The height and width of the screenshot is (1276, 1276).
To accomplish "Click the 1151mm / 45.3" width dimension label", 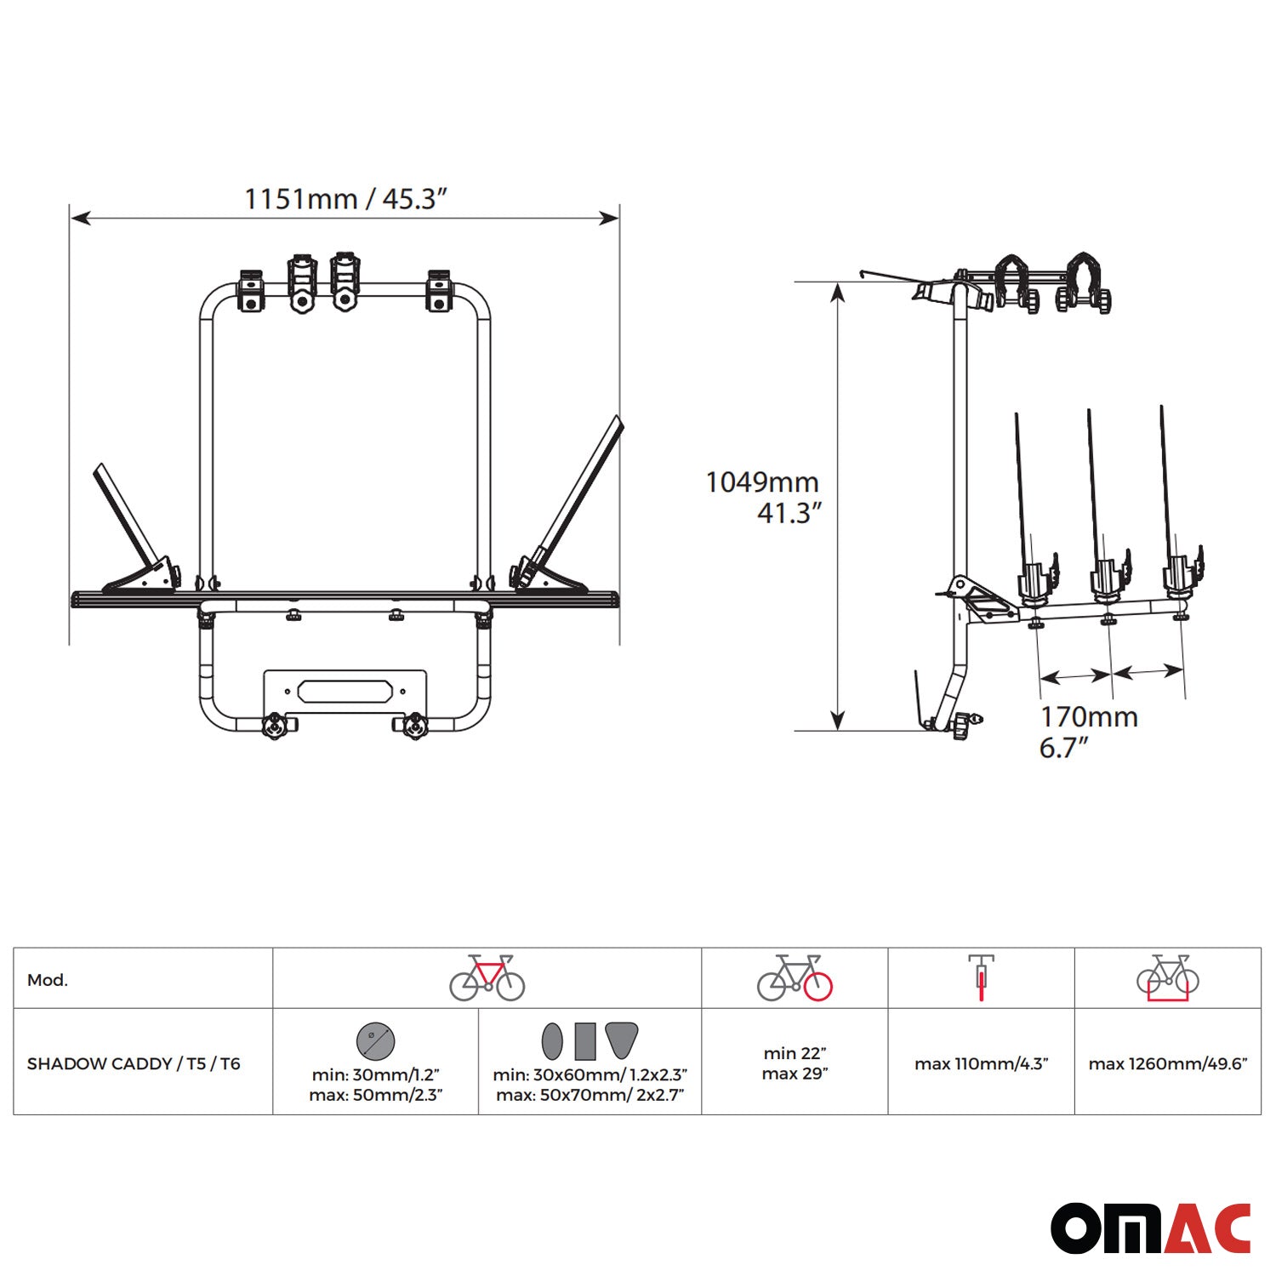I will point(345,199).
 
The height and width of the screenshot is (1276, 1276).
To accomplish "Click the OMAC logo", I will point(1150,1228).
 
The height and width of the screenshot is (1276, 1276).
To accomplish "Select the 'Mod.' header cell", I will point(48,980).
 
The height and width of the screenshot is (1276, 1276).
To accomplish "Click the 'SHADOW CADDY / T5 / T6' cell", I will point(134,1063).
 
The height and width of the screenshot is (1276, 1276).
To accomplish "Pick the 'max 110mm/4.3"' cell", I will point(981,1063).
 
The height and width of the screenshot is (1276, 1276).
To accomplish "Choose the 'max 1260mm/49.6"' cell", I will point(1167,1063).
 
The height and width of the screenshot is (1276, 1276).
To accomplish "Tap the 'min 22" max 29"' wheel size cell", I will point(795,1063).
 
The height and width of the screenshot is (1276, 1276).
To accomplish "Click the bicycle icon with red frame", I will point(487,977).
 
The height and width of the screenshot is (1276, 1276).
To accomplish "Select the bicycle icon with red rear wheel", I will point(795,977).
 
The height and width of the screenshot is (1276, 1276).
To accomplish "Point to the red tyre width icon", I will point(981,977).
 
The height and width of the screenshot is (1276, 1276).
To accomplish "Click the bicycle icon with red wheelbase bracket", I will point(1167,978).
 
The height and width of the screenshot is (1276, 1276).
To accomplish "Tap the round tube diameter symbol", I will point(375,1040).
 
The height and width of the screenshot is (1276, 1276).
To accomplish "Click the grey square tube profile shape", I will point(584,1040).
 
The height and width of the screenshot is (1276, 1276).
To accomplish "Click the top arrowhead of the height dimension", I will point(838,293).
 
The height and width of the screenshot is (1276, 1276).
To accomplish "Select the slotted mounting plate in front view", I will point(345,691).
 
